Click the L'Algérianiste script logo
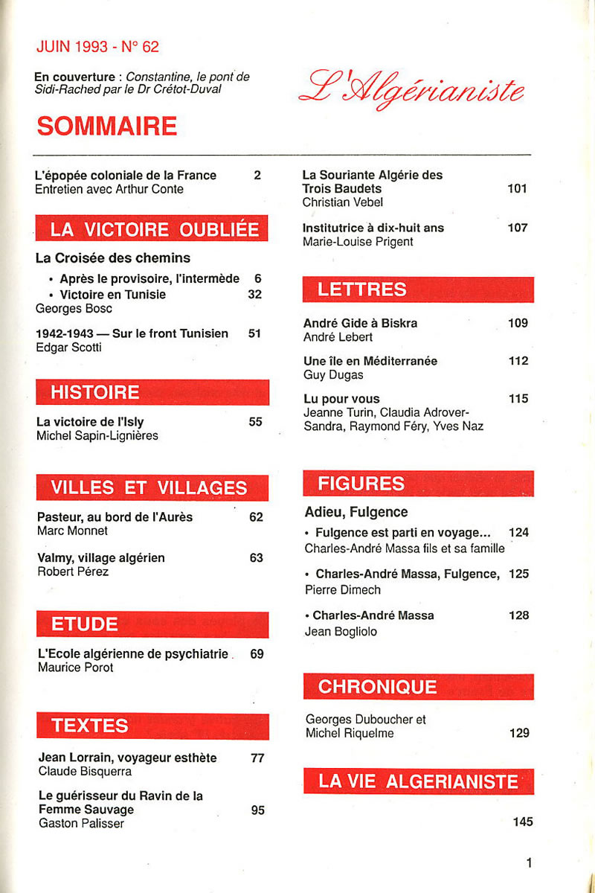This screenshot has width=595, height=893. [411, 89]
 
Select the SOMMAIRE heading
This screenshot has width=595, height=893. [106, 127]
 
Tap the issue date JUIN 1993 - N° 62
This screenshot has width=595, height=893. [97, 47]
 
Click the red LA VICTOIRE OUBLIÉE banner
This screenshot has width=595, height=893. [152, 229]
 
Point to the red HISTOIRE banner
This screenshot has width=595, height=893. [152, 392]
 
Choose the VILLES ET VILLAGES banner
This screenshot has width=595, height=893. [152, 487]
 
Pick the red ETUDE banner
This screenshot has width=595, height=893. [152, 624]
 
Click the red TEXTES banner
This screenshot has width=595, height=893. [152, 726]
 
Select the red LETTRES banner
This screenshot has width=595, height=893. [418, 289]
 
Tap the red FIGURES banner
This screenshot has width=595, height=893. [418, 484]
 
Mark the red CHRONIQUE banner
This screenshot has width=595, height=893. [418, 686]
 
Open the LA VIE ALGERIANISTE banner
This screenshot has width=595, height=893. [418, 781]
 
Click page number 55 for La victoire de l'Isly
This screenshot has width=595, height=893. [256, 422]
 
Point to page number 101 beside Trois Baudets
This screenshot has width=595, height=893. [517, 189]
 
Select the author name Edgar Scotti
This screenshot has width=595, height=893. [67, 347]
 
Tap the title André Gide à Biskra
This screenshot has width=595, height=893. [360, 323]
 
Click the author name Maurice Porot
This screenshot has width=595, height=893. [75, 668]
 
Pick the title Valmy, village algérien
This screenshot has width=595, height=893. [100, 557]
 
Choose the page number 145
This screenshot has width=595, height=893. [523, 822]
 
